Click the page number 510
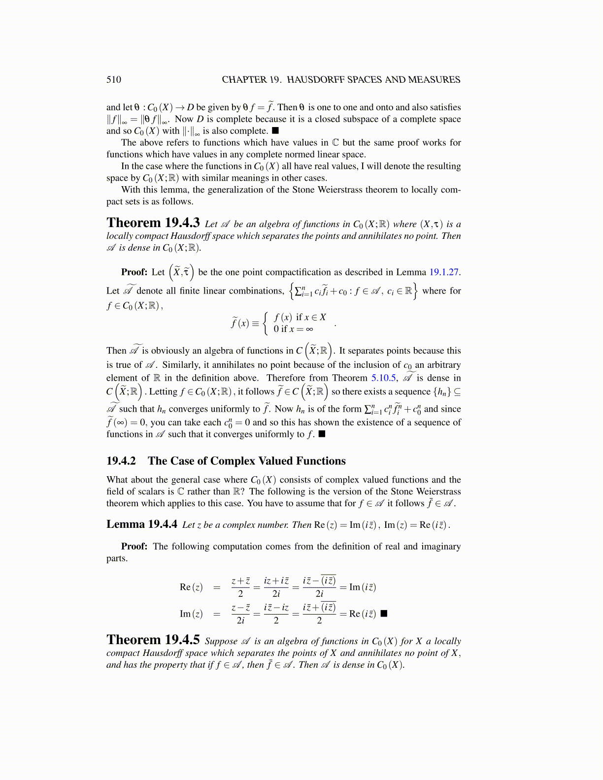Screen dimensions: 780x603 114,80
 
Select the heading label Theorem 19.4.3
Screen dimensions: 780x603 153,223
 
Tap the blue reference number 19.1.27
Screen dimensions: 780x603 445,272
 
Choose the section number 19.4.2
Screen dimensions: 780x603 121,461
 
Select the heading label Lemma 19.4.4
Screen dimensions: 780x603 142,524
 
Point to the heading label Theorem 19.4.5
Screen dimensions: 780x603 153,640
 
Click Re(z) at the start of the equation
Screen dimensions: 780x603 191,587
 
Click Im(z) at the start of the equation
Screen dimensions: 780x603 191,614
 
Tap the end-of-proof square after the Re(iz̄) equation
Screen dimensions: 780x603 384,614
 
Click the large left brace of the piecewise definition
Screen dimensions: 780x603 267,323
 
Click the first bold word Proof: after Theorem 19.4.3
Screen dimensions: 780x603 134,272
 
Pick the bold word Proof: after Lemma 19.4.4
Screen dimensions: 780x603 134,547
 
